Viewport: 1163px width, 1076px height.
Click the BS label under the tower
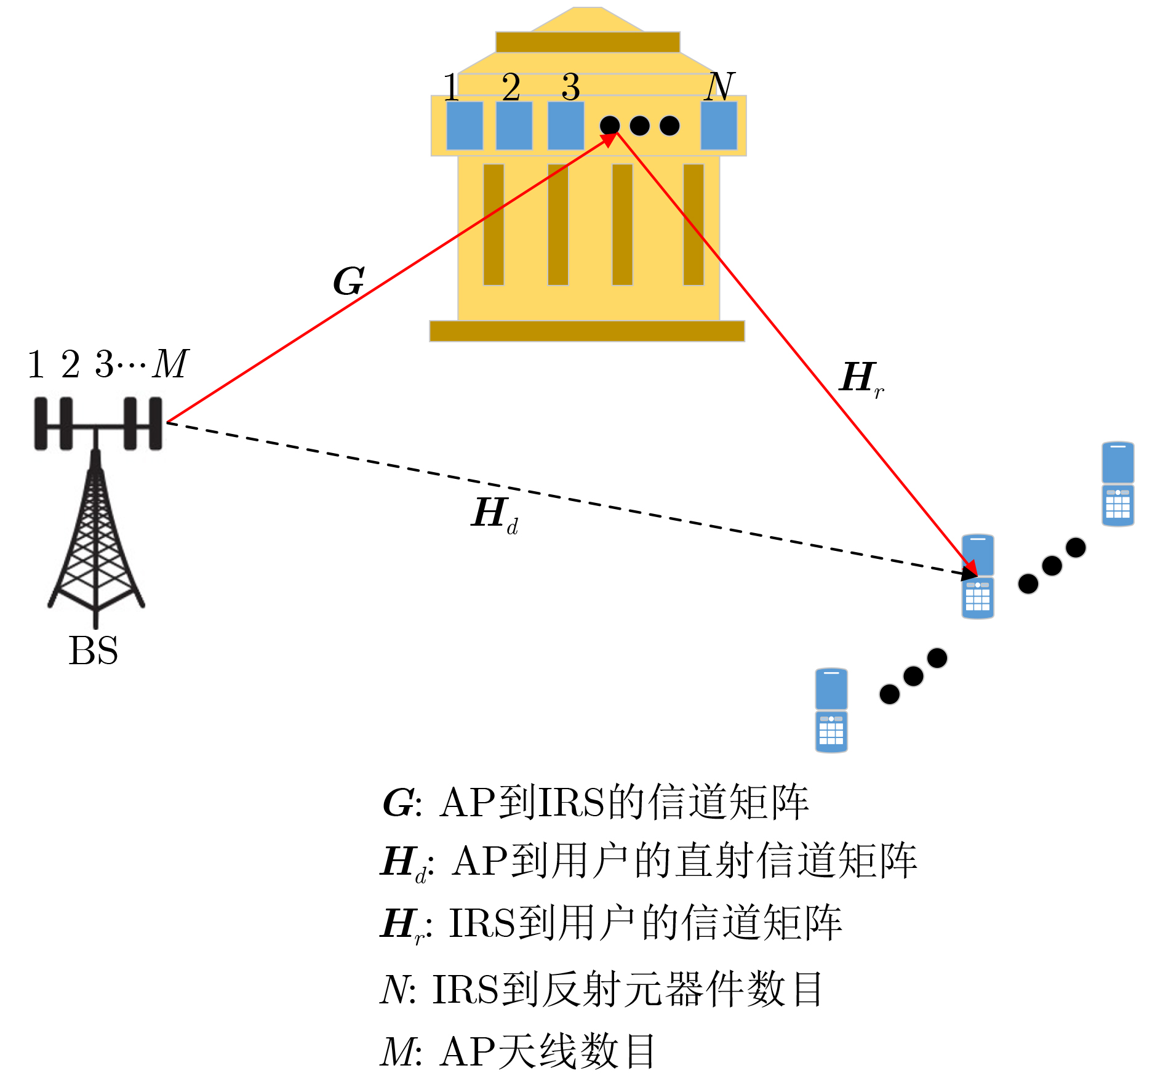click(x=93, y=651)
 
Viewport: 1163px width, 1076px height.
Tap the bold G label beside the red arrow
click(x=349, y=281)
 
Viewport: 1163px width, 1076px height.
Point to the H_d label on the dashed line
click(x=494, y=514)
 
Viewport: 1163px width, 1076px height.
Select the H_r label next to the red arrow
click(x=861, y=379)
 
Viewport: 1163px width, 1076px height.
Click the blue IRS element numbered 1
click(x=465, y=126)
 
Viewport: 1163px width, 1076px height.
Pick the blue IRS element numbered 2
click(x=514, y=126)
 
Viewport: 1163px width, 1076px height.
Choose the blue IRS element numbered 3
click(x=566, y=126)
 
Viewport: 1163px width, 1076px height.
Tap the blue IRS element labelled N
click(x=719, y=126)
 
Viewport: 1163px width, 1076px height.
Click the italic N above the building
click(x=719, y=86)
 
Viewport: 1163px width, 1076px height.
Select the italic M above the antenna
click(x=170, y=364)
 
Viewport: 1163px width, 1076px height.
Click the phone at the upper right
click(x=1117, y=484)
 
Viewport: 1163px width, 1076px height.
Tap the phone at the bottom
click(x=831, y=710)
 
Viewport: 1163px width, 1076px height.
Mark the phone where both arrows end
click(x=978, y=577)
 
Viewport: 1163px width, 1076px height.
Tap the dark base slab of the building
click(x=587, y=331)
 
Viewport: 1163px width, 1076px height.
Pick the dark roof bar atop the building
click(x=588, y=42)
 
